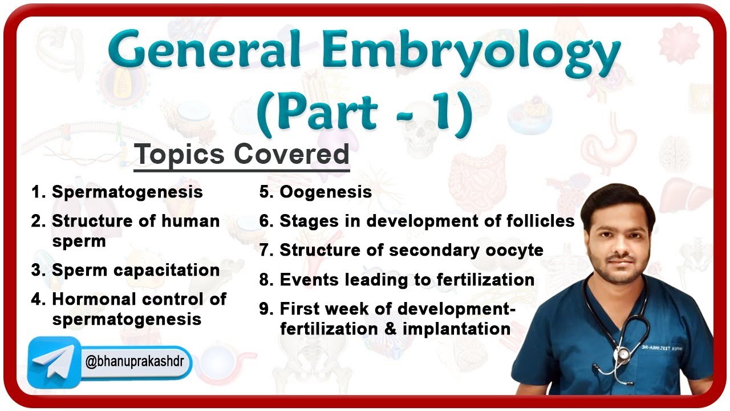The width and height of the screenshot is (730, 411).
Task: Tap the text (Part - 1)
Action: coord(365,112)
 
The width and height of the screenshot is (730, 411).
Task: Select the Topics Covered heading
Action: coord(241,155)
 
